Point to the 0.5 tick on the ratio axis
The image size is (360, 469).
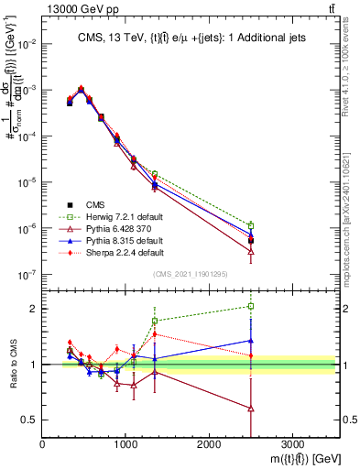tap(31, 420)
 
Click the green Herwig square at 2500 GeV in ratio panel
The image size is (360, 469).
tap(251, 306)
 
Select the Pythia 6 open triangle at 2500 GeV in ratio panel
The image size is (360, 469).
tap(251, 409)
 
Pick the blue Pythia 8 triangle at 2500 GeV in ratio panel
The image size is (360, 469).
tap(251, 340)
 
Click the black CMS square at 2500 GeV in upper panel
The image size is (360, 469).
tap(251, 240)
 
